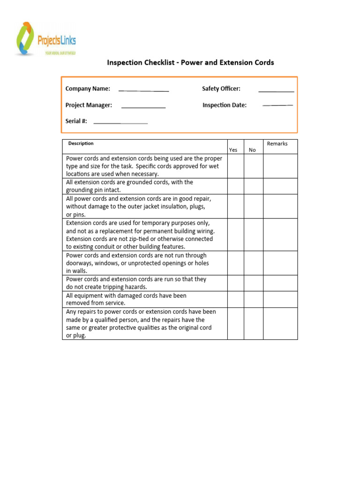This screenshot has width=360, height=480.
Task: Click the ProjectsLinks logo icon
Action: tap(25, 38)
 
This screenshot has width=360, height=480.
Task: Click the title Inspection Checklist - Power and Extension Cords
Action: tap(190, 62)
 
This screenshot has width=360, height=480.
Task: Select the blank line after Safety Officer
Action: tap(276, 90)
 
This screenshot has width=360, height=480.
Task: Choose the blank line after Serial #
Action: tap(120, 123)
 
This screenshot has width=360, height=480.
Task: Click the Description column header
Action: tap(81, 143)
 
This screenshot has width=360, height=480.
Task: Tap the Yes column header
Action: tap(233, 150)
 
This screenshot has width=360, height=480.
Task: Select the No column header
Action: tap(252, 150)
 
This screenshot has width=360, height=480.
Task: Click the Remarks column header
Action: tap(277, 143)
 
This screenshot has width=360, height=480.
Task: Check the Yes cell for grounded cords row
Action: tap(236, 186)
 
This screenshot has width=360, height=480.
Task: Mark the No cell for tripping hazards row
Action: tap(253, 283)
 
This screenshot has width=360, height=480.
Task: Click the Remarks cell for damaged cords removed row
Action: tap(280, 299)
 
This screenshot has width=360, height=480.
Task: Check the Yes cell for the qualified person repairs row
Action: tap(236, 323)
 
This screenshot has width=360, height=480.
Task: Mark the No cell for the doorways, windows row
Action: tap(253, 263)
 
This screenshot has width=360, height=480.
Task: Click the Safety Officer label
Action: tap(221, 89)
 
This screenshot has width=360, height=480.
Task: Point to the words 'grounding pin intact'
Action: tap(93, 190)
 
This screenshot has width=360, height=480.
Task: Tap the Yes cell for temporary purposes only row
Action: tap(236, 234)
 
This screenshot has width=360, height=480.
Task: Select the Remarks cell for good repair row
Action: tap(280, 206)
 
